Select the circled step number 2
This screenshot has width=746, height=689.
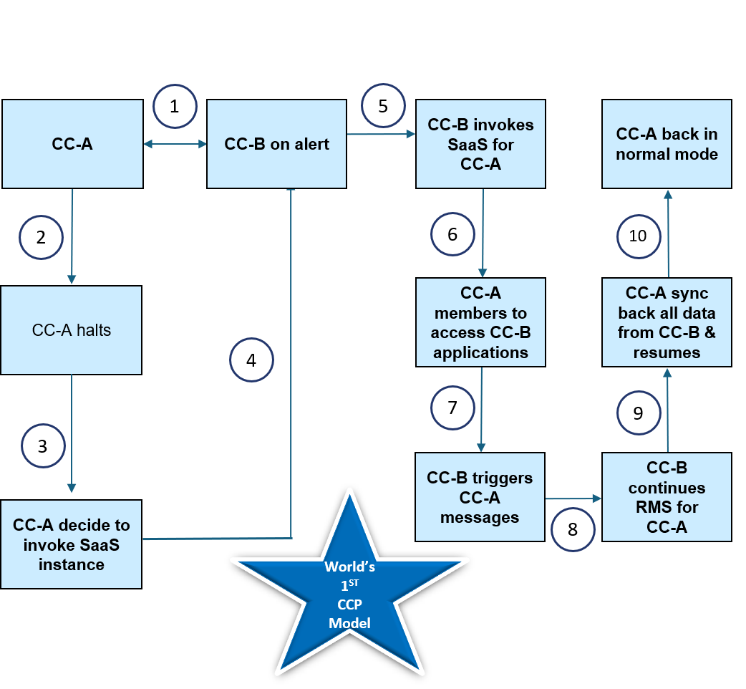click(x=41, y=236)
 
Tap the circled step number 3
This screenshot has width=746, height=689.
click(x=42, y=445)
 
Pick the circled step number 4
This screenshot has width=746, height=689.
click(x=251, y=360)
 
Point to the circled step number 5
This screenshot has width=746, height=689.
click(x=383, y=106)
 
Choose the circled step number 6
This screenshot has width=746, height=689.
click(x=452, y=234)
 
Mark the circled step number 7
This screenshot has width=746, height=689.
click(x=452, y=408)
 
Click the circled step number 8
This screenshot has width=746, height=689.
click(x=573, y=529)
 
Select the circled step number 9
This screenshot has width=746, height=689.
click(x=638, y=413)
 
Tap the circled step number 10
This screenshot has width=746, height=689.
click(x=638, y=236)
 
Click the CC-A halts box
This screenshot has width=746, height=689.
click(x=72, y=330)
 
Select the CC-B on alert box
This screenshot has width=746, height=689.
click(x=276, y=144)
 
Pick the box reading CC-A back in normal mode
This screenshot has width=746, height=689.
click(x=667, y=144)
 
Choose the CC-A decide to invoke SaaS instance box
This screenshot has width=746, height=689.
click(x=72, y=544)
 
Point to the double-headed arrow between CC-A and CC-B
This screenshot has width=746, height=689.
click(x=175, y=145)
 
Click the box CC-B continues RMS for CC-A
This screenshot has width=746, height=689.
click(x=667, y=497)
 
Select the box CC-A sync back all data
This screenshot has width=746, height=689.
click(x=667, y=323)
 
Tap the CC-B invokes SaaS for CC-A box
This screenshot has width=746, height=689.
click(x=480, y=144)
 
